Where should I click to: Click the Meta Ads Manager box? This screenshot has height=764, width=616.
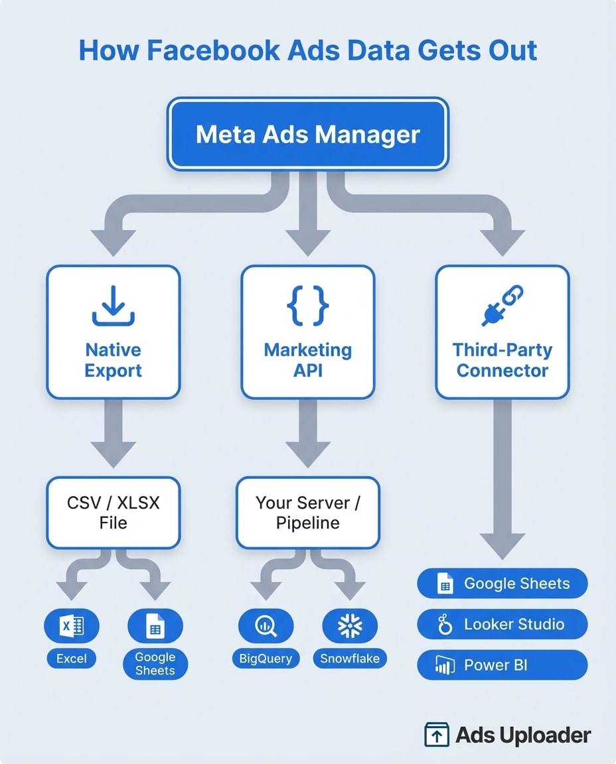[x=308, y=135]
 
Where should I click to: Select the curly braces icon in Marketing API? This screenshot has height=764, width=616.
[x=307, y=306]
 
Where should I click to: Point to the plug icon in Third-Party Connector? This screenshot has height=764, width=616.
[x=502, y=306]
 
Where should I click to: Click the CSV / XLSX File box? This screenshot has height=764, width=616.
[x=113, y=513]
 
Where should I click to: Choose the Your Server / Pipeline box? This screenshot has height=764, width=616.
[x=307, y=513]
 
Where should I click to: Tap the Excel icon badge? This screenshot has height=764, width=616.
[x=71, y=626]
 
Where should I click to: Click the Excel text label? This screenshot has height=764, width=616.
[x=71, y=659]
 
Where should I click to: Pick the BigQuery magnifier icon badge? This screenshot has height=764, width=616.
[x=266, y=626]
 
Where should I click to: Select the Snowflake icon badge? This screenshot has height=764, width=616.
[x=349, y=626]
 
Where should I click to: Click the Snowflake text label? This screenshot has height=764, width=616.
[x=349, y=659]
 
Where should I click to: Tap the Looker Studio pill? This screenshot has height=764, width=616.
[x=502, y=624]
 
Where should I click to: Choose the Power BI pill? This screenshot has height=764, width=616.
[x=502, y=665]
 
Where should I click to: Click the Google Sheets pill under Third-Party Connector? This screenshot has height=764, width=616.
[x=502, y=584]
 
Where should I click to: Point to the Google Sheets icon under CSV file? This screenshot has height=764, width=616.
[x=155, y=626]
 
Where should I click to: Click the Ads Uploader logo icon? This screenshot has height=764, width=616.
[x=436, y=735]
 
